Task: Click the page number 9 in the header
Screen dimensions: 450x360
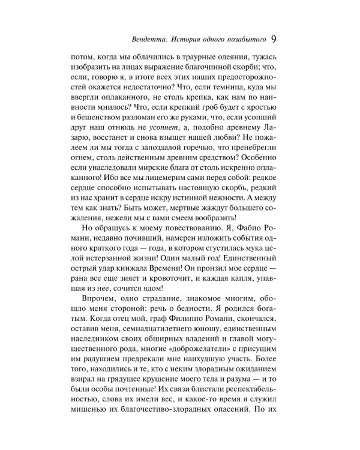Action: point(273,40)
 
